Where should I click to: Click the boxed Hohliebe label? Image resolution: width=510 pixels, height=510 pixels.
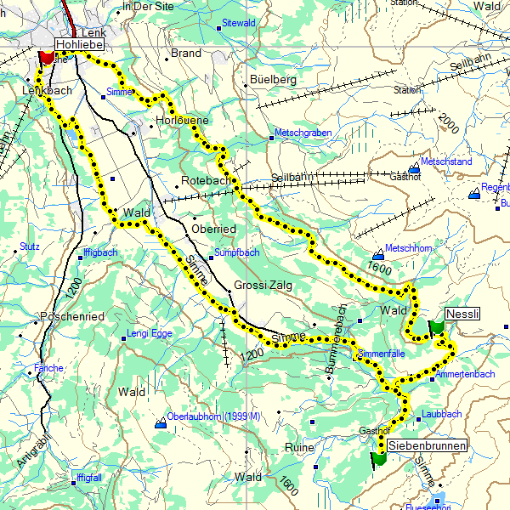pos(80,44)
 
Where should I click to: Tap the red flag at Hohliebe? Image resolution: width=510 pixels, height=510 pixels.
pos(46,59)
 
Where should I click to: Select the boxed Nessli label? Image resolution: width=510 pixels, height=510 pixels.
pos(462,313)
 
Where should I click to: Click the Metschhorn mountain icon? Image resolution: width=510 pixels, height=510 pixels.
pos(378,255)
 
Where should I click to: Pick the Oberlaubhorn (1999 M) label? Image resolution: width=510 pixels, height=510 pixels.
pos(213,416)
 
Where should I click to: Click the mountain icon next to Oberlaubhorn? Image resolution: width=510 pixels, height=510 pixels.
pos(161,422)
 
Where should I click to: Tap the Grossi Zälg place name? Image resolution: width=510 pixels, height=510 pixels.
pos(263,286)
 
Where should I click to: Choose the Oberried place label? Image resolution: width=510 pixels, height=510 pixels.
pos(213,229)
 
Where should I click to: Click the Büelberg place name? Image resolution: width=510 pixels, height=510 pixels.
pos(273,79)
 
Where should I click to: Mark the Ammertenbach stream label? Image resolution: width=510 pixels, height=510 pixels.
pos(464,374)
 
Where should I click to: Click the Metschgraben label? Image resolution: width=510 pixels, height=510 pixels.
pos(303,133)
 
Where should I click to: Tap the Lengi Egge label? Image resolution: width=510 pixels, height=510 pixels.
pos(149,333)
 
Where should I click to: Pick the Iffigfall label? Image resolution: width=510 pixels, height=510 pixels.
pos(88,478)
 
